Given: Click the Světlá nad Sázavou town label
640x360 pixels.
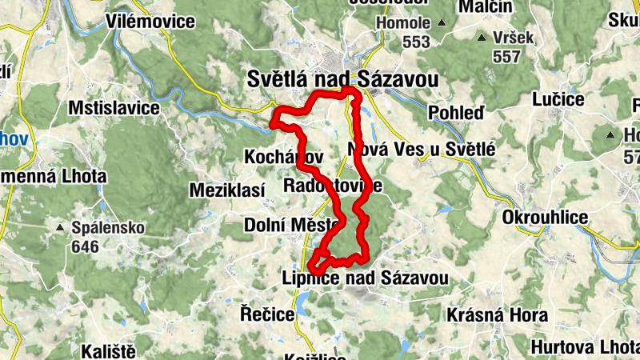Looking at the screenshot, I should [x=342, y=79].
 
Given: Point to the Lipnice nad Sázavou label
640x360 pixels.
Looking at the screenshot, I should [x=365, y=278].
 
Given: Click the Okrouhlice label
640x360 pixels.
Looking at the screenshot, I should [x=546, y=218].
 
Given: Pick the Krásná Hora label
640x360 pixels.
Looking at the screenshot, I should [x=498, y=315].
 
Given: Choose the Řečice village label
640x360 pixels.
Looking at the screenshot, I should [x=267, y=314].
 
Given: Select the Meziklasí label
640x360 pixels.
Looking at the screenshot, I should [x=226, y=190].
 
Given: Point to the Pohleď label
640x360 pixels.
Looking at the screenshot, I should [x=456, y=112].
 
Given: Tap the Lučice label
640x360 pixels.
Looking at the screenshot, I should [x=558, y=99].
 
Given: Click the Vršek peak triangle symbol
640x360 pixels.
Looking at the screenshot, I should [x=481, y=38].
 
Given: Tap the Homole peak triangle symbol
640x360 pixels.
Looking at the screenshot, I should [x=442, y=23].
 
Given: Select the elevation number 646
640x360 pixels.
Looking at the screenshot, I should [x=85, y=246].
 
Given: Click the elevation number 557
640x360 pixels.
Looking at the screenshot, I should [x=507, y=57].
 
